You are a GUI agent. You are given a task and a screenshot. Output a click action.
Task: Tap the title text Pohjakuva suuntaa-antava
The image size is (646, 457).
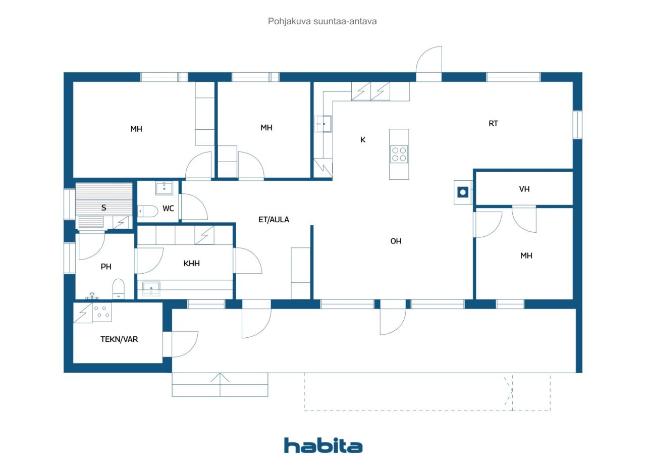[x=322, y=21]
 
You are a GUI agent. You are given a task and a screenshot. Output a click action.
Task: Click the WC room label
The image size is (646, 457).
[x=168, y=209]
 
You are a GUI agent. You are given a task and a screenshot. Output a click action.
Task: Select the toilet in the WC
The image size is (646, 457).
[x=148, y=211]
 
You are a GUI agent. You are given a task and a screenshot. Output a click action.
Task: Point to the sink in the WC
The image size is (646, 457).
[x=164, y=188]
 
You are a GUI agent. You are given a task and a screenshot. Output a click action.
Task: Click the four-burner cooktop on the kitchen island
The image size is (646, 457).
[x=399, y=154]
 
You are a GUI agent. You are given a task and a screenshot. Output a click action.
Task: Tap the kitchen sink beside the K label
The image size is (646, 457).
[x=324, y=124]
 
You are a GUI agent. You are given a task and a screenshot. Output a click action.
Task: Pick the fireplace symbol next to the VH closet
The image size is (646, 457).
[x=463, y=192]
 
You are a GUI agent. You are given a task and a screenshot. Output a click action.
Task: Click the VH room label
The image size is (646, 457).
[x=524, y=189]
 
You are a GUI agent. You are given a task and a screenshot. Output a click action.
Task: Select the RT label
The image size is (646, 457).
[x=493, y=124]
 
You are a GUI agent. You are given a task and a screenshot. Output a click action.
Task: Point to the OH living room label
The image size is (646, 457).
[x=396, y=241]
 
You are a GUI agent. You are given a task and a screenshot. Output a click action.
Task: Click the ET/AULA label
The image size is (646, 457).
[x=274, y=220]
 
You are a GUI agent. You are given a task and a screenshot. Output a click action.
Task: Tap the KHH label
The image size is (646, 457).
[x=191, y=263]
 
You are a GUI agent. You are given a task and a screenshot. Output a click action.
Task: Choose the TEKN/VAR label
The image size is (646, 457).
[x=119, y=339]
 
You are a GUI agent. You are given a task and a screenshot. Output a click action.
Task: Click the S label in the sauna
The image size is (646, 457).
[x=104, y=208]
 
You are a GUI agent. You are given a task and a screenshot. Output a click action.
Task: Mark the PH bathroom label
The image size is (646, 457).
[x=106, y=266]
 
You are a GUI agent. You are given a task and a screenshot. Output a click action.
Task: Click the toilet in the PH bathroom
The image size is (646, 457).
[x=118, y=288]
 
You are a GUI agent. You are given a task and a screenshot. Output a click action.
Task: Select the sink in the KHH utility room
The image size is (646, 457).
[x=151, y=289]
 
